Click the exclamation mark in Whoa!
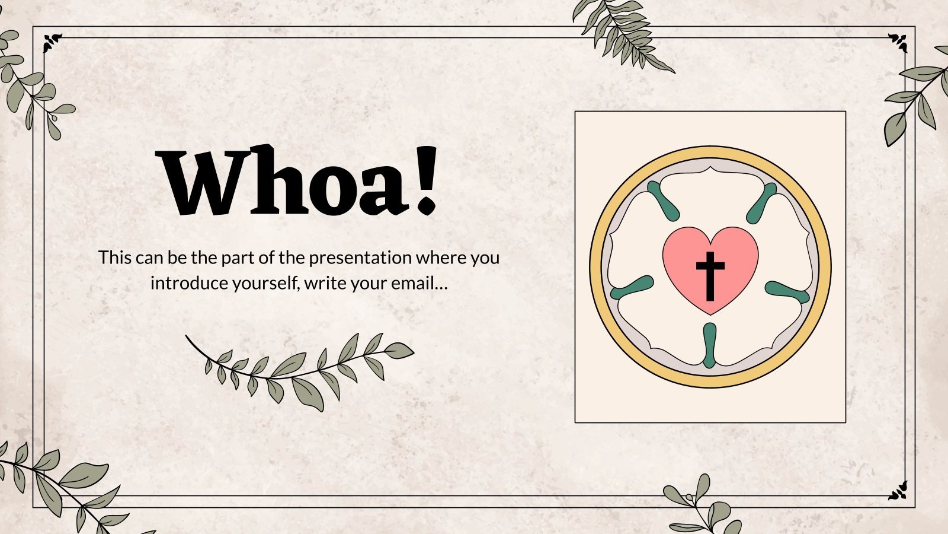425,180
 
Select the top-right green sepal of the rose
761,202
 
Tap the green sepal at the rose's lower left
632,287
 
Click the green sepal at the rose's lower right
787,291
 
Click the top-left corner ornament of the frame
52,42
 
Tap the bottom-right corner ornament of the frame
898,491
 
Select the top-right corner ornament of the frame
898,42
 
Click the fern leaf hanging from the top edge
622,33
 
